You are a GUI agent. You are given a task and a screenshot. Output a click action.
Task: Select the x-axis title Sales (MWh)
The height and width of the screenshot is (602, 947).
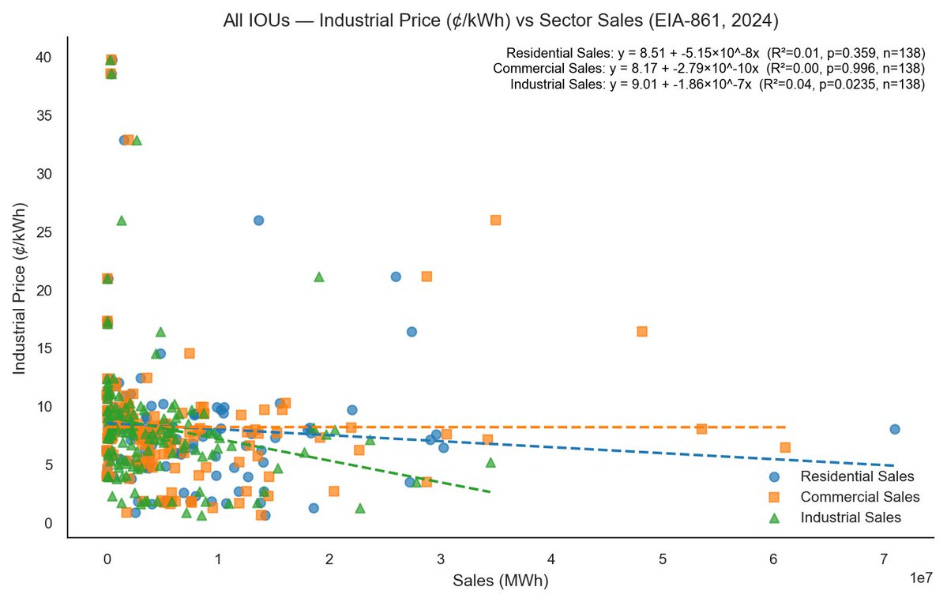500,581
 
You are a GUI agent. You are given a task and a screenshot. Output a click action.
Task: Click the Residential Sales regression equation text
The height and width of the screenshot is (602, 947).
716,53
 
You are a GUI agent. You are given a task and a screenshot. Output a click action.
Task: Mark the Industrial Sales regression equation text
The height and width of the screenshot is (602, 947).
718,85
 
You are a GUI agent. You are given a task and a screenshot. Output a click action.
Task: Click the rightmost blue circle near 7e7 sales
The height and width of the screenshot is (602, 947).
895,429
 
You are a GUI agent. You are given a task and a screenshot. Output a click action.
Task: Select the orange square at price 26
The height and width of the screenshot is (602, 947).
495,220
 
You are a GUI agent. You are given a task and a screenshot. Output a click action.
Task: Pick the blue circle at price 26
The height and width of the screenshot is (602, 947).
258,220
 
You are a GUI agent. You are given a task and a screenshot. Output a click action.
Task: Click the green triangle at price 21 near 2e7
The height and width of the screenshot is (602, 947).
319,277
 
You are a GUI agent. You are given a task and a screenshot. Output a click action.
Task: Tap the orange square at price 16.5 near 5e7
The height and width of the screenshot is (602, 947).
642,332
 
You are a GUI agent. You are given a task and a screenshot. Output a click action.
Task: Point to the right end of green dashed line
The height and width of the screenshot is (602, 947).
490,492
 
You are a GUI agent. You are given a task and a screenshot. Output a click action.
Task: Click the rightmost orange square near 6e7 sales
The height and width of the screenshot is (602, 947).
785,447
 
